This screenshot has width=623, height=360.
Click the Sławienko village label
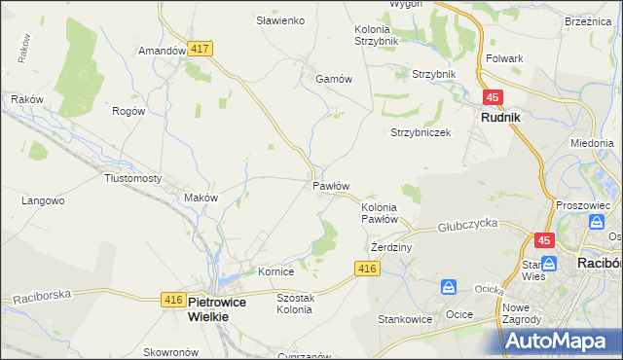280,20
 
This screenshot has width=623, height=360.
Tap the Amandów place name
162,51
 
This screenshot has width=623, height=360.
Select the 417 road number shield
202,48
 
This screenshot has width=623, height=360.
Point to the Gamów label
333,80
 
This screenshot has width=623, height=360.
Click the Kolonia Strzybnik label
376,36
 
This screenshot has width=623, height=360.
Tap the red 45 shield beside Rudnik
493,97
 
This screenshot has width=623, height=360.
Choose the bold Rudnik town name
500,117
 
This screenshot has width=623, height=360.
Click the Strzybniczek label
421,132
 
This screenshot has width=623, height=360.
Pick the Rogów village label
128,111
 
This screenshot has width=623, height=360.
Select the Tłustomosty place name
132,179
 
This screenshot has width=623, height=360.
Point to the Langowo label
43,201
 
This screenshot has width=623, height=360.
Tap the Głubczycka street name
468,223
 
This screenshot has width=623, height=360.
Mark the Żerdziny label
392,247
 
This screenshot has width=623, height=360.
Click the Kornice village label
275,271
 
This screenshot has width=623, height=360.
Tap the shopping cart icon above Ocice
449,287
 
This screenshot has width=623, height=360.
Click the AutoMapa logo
562,340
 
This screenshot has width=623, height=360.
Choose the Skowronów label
169,352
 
